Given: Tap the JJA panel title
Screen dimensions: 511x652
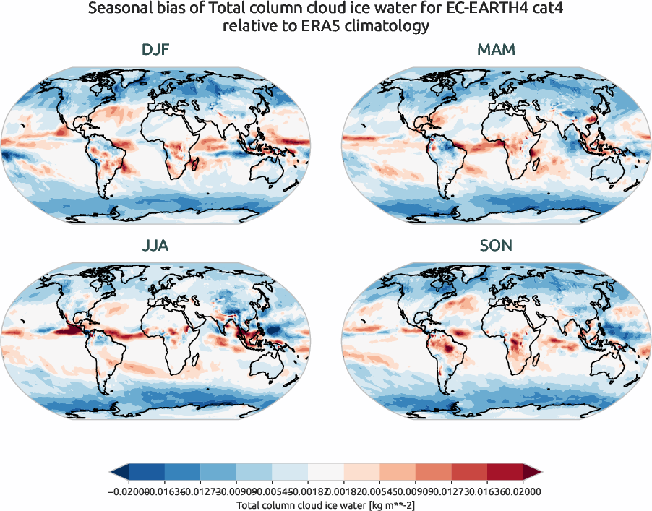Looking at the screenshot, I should coord(156,246).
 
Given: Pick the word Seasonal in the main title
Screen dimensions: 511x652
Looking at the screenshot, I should coord(119,9).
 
